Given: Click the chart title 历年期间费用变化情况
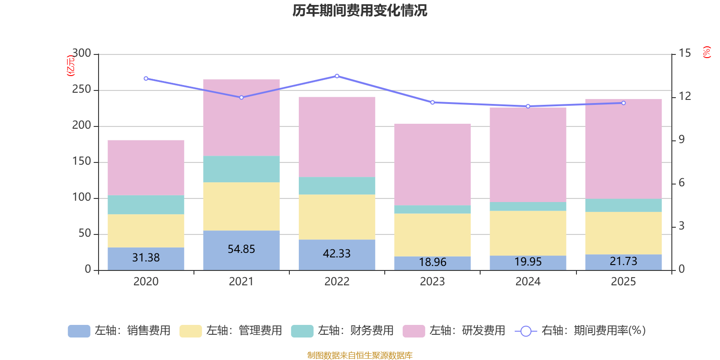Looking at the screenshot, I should [360, 10].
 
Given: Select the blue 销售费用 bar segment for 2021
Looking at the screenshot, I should [241, 261].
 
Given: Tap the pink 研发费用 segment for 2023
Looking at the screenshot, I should [432, 164].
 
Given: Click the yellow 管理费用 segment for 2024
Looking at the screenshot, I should [528, 233].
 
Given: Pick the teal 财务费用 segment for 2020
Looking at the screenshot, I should [146, 205].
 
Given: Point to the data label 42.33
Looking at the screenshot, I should [337, 254].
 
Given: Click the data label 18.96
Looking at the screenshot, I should [432, 262].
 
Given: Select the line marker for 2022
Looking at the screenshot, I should [337, 76].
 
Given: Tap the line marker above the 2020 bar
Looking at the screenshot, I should [146, 78].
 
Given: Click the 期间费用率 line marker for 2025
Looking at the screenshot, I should [624, 103].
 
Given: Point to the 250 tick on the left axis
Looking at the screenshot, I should [81, 90].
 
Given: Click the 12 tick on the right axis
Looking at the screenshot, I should [685, 96].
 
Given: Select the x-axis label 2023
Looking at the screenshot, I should [432, 282].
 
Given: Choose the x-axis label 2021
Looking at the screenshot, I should [241, 282].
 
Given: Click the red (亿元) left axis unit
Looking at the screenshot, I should [71, 66].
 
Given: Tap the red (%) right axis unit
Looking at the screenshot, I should [707, 52].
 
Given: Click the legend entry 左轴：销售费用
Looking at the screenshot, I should [119, 331].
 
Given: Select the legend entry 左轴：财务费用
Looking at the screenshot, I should [342, 331].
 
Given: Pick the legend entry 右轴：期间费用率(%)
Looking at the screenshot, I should [580, 331].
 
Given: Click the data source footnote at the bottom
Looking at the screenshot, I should [360, 355].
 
